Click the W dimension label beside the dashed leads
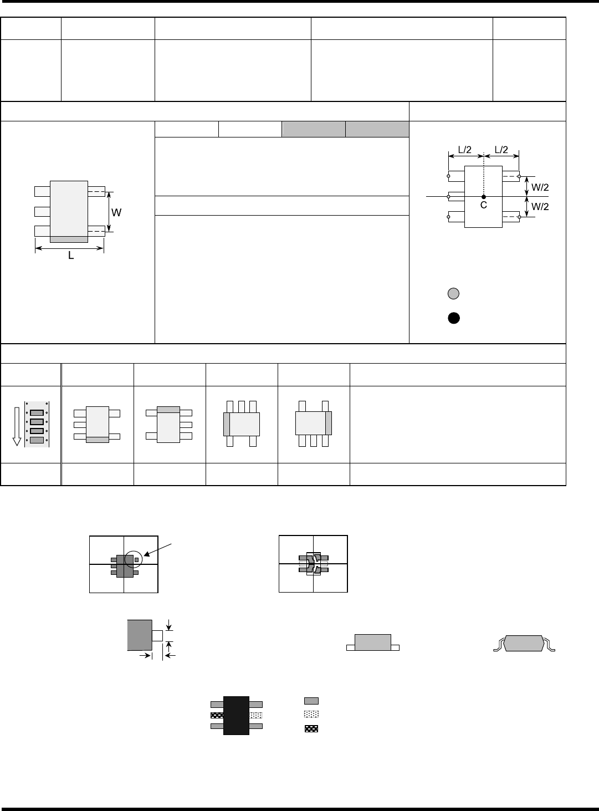click(x=117, y=212)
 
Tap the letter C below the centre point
click(x=483, y=205)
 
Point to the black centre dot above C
click(x=484, y=197)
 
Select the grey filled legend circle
click(x=453, y=294)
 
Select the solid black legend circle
click(x=453, y=318)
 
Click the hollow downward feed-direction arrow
click(x=17, y=425)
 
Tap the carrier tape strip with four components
click(x=37, y=425)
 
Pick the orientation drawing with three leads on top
click(x=241, y=424)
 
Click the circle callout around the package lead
click(x=134, y=559)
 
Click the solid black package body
click(x=236, y=715)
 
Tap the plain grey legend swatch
click(x=311, y=701)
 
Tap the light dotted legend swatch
click(x=311, y=715)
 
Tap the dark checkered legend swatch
click(x=311, y=728)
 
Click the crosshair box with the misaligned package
click(x=313, y=564)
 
